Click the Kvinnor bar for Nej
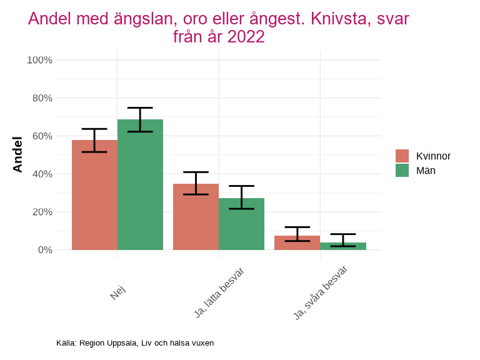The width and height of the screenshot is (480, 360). pos(94,195)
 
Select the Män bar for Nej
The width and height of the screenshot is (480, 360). pos(140,185)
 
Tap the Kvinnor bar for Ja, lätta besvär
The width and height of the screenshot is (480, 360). pos(196,217)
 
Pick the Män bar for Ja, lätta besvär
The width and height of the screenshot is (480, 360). pos(241,224)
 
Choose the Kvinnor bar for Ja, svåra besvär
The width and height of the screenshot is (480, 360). pos(297,243)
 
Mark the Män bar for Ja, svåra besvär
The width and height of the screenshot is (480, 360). pos(342,246)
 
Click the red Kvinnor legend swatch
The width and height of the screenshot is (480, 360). pos(402,156)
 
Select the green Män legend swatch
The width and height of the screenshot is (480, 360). pos(402,170)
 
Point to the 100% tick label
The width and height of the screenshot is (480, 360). pos(39,60)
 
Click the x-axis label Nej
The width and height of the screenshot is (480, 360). pos(117,292)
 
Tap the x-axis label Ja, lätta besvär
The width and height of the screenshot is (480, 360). pos(219,292)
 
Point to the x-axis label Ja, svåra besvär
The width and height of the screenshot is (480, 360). pos(320,292)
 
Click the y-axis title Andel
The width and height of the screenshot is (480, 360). pos(17,154)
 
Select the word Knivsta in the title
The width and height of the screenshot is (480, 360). pos(331,19)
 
